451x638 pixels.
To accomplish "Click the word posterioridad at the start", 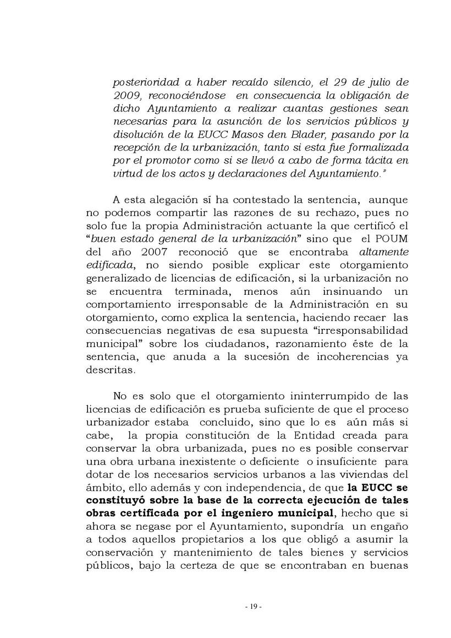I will tap(146, 83).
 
